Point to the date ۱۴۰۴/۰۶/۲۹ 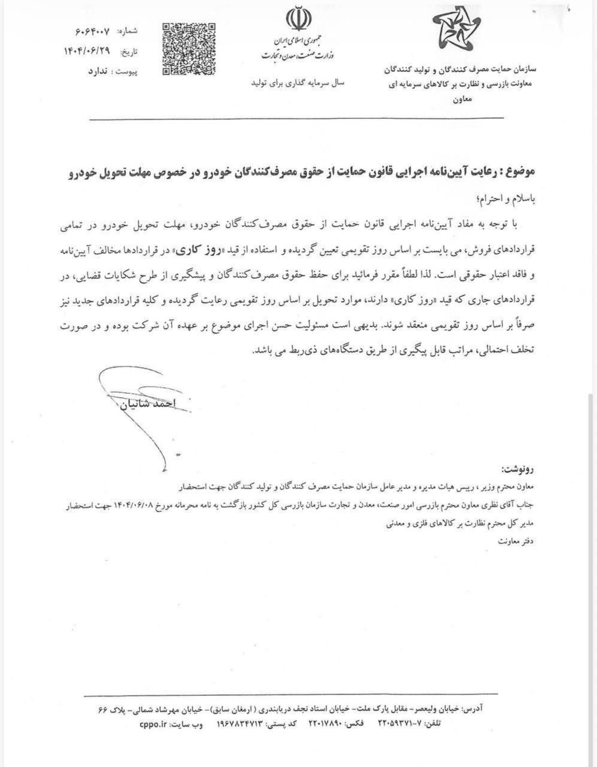87,52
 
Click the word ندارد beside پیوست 98,72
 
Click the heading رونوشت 518,469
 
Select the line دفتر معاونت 516,541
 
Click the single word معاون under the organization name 463,99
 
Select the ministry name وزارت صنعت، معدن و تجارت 298,55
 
